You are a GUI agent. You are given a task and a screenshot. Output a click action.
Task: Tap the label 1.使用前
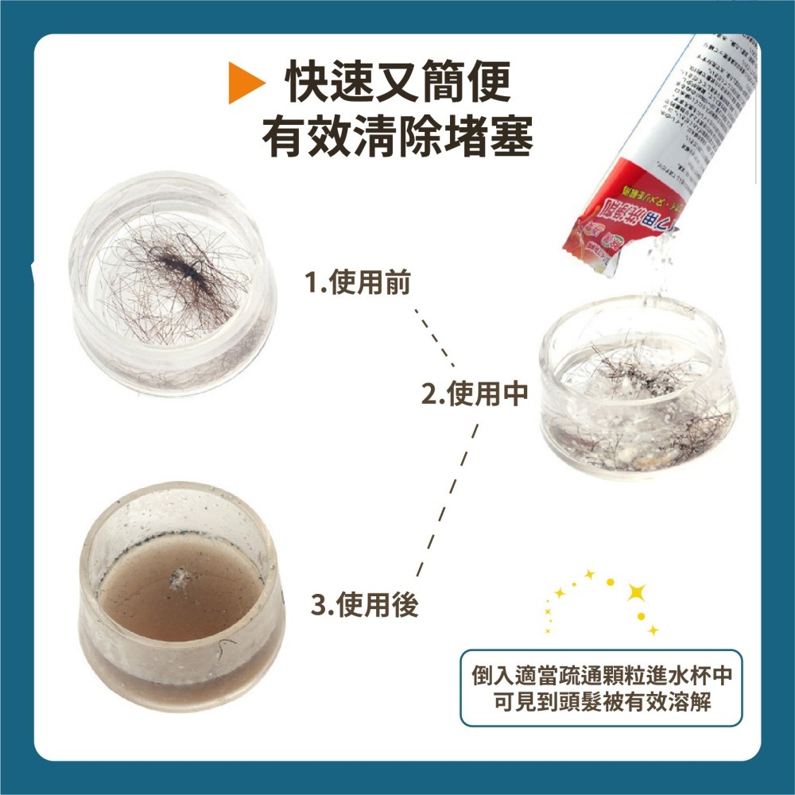click(358, 282)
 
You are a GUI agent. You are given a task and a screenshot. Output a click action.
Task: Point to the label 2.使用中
click(475, 394)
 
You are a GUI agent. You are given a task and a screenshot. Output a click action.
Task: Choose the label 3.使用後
click(364, 607)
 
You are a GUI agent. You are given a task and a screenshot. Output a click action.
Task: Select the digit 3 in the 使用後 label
click(317, 607)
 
